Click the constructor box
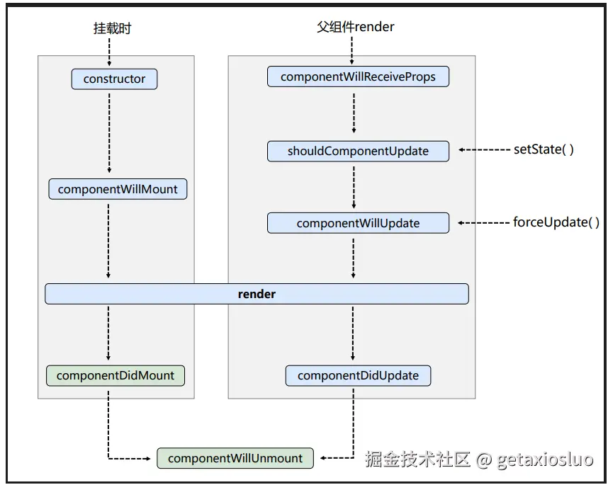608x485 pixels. (114, 79)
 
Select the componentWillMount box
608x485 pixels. (118, 189)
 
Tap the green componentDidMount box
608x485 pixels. (115, 375)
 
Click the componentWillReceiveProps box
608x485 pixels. (358, 76)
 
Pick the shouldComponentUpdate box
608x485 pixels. (358, 151)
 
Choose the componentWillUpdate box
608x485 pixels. (358, 223)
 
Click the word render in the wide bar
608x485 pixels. (257, 294)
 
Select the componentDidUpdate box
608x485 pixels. (358, 375)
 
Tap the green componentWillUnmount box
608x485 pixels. (235, 458)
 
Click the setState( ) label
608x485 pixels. (543, 149)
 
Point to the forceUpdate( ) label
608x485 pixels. (556, 222)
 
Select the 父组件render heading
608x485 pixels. (355, 27)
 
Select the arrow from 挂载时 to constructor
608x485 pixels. (110, 52)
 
